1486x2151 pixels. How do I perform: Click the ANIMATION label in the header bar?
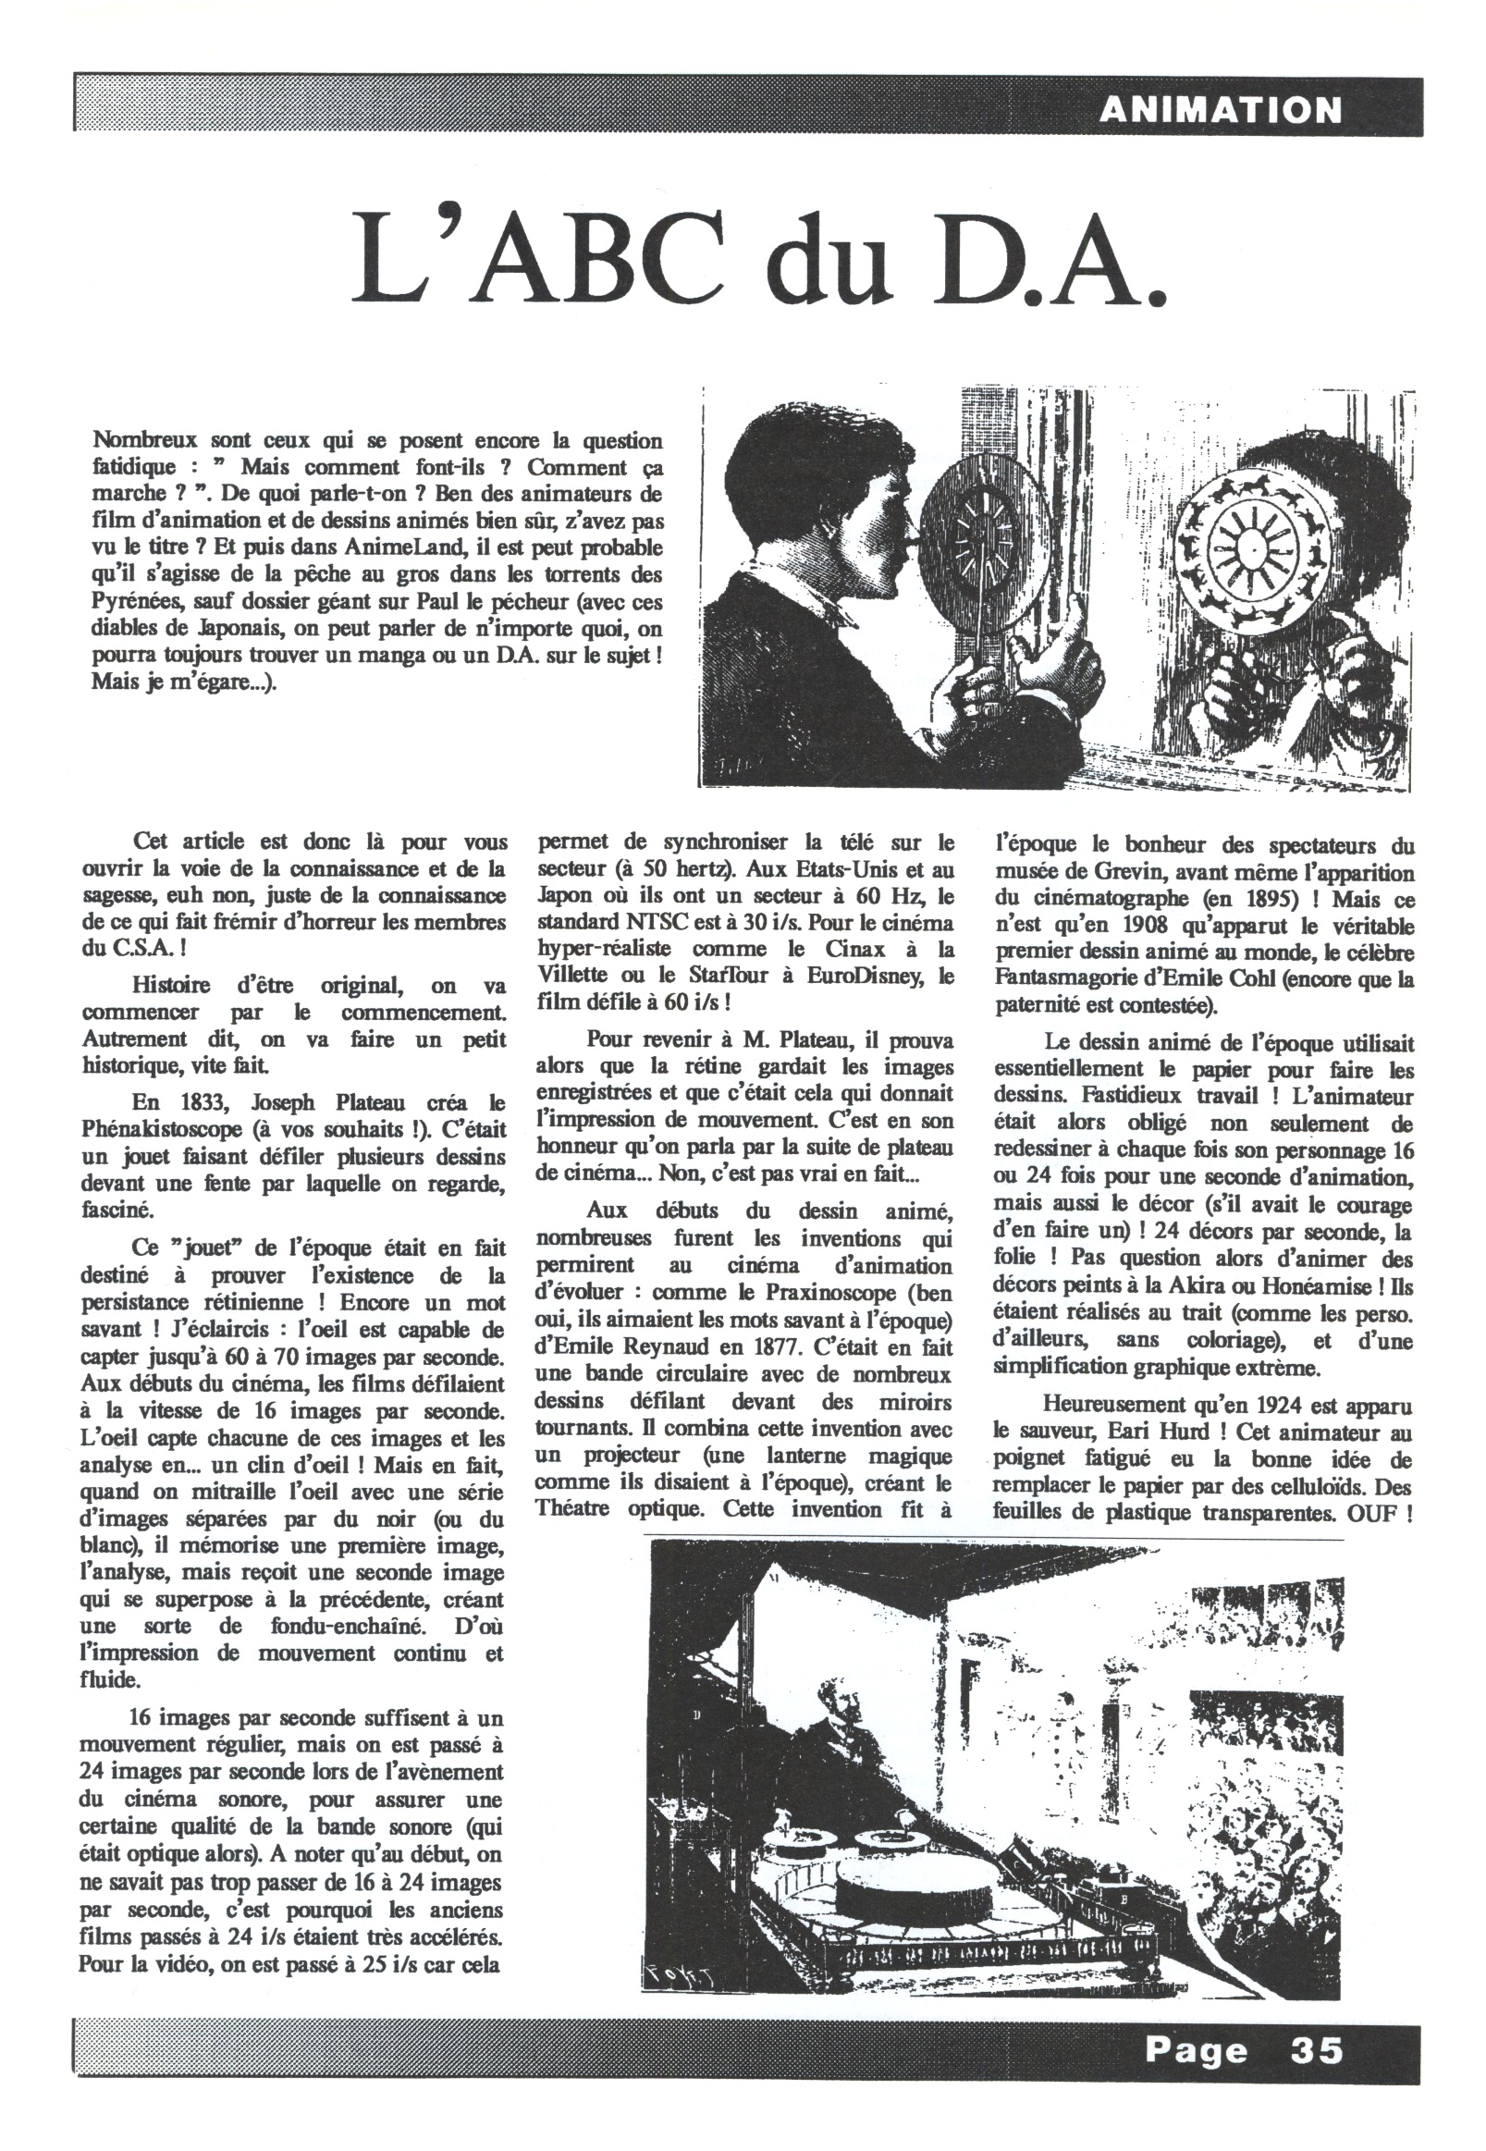1220,112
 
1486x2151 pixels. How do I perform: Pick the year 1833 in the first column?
211,1103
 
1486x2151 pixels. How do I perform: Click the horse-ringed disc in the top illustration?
1250,545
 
